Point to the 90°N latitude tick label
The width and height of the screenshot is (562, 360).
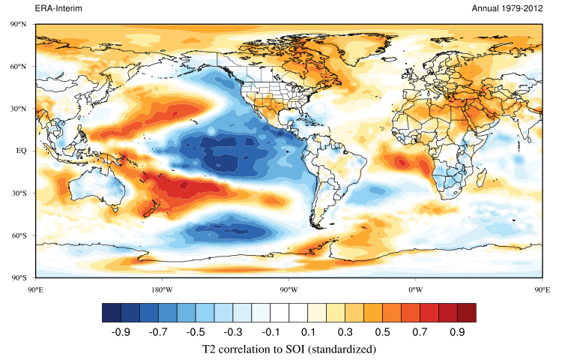(x=19, y=25)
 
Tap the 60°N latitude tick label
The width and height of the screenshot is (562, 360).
(x=19, y=67)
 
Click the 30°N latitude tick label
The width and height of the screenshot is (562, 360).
(x=19, y=109)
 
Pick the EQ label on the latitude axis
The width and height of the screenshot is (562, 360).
(x=20, y=151)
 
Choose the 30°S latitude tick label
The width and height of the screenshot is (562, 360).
(x=19, y=193)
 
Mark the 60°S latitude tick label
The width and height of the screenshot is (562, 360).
(x=19, y=235)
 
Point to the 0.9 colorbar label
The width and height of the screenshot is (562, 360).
(x=456, y=331)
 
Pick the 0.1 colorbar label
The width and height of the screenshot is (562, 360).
(x=307, y=331)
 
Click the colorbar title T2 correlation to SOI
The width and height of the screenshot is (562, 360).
(x=288, y=349)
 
